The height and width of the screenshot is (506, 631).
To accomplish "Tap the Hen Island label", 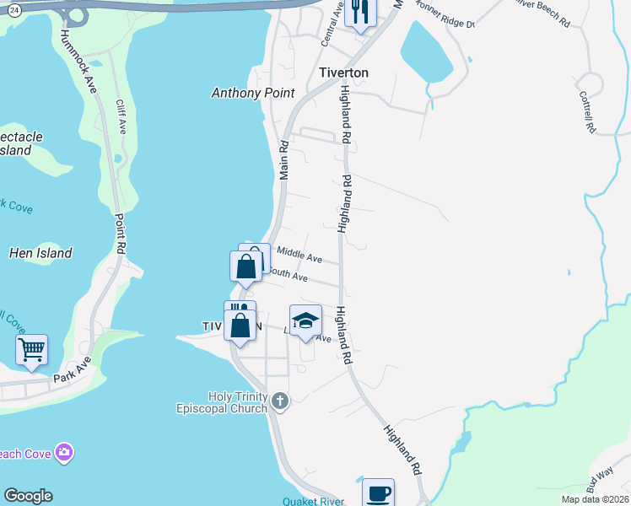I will pos(40,253).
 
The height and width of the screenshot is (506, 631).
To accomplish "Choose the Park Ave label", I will pos(72,371).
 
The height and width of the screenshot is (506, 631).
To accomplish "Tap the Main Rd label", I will pos(284,160).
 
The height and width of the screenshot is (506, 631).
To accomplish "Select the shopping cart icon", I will pos(31,347).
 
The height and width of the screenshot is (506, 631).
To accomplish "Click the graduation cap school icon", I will pos(305,320).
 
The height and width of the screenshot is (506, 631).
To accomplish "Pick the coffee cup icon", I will pos(378,493).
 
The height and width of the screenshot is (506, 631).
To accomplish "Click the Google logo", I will pos(28,496).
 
